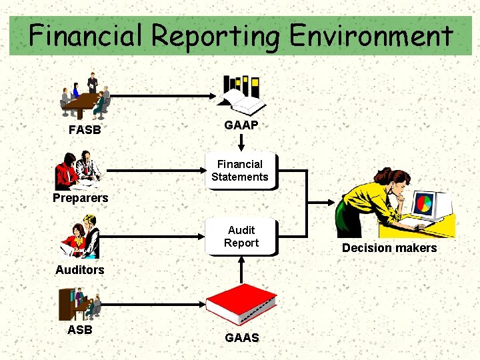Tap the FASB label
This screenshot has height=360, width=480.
point(85,130)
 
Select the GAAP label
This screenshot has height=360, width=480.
point(241,125)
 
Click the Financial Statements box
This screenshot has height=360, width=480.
point(240,171)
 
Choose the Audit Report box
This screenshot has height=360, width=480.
point(241,237)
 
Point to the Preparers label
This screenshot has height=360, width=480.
point(80,198)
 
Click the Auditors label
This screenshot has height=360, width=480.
point(80,270)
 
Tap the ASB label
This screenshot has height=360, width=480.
point(80,330)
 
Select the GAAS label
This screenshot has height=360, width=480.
point(242,338)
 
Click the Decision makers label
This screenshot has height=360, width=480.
point(389,248)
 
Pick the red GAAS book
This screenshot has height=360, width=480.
point(241,304)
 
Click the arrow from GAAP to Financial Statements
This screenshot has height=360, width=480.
point(241,142)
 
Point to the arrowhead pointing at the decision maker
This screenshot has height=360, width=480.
point(334,203)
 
